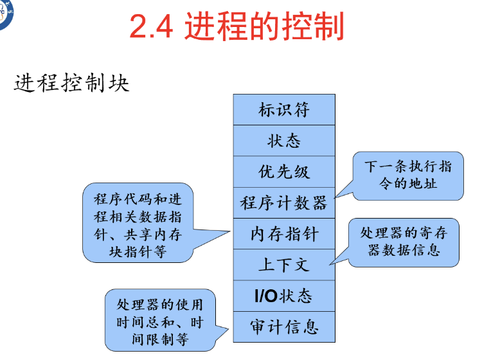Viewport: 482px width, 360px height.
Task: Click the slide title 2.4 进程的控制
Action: click(x=237, y=27)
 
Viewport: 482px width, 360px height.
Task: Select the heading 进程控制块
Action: click(x=71, y=84)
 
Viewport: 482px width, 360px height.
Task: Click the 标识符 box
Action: click(x=284, y=110)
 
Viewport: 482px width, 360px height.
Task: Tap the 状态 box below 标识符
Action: click(x=284, y=141)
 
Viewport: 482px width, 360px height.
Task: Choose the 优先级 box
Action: click(x=284, y=172)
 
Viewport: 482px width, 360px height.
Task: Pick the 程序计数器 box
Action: click(x=284, y=203)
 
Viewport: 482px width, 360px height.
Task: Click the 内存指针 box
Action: click(x=284, y=234)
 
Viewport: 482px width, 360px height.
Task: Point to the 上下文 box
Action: click(x=284, y=265)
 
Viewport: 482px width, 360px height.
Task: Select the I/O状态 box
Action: click(x=284, y=296)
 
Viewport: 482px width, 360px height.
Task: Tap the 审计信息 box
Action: click(x=284, y=327)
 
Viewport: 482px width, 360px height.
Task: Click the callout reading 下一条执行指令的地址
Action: click(x=408, y=175)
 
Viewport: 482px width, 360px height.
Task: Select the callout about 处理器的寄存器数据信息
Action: click(x=404, y=242)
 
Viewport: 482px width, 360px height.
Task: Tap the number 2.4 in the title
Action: click(x=152, y=27)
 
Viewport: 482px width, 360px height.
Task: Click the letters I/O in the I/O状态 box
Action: click(x=266, y=296)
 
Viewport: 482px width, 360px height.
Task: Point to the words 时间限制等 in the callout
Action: click(x=160, y=338)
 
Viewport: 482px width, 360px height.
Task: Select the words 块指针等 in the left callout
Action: click(x=138, y=251)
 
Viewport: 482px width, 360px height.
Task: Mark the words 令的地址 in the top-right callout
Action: click(x=408, y=183)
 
